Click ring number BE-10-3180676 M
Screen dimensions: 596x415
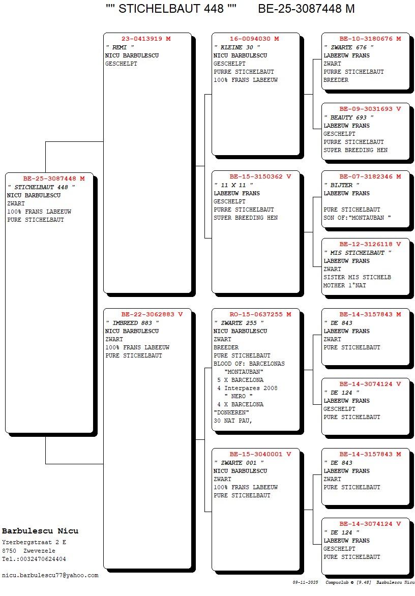(370, 39)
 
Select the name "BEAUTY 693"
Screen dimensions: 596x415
(348, 117)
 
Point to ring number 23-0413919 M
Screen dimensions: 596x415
(145, 39)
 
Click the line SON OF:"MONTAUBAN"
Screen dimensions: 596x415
(358, 218)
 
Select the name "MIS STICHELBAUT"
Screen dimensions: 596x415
(358, 253)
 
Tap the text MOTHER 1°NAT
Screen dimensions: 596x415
(344, 285)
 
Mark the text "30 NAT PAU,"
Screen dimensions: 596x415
(233, 421)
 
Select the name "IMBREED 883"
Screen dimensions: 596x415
(132, 323)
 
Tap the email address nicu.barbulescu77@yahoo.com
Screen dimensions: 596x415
(50, 575)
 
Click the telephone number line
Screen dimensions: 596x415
(34, 559)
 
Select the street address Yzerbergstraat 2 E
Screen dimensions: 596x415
(34, 542)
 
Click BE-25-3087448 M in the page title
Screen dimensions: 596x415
(306, 9)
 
